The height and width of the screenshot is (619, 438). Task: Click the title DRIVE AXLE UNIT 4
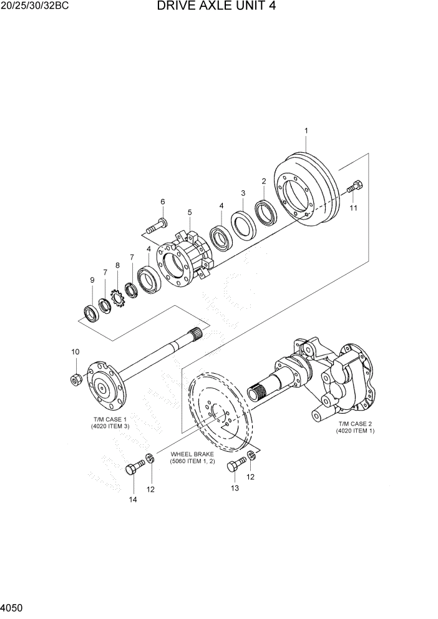point(217,7)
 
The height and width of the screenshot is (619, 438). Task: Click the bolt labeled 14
point(134,470)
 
